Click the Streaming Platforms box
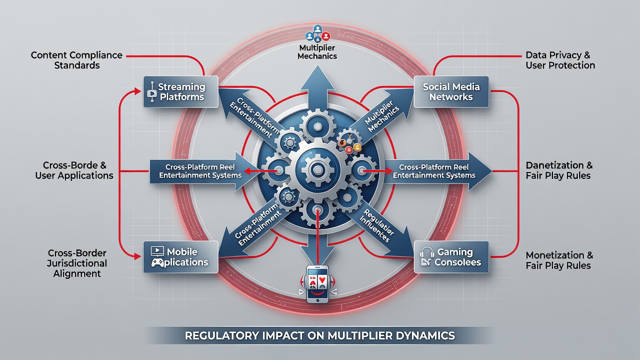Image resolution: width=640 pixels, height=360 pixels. click(x=180, y=91)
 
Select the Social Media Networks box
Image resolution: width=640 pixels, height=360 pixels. click(x=451, y=91)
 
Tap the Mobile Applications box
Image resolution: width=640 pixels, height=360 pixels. click(x=180, y=257)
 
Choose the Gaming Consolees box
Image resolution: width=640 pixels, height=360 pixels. click(x=451, y=257)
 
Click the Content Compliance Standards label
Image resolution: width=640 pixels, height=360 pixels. click(x=76, y=60)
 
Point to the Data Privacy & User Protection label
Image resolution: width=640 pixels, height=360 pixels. click(x=560, y=60)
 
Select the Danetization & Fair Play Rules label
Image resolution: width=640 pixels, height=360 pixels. click(x=559, y=170)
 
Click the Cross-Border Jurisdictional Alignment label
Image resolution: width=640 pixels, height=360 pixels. click(x=77, y=263)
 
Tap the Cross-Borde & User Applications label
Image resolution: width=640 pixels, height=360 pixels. click(x=74, y=170)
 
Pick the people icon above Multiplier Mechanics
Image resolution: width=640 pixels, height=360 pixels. click(x=317, y=33)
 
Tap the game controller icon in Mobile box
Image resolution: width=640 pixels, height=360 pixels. click(x=157, y=262)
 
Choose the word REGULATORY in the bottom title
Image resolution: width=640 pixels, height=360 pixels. click(x=221, y=335)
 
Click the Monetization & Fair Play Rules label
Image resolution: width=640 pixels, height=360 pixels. click(x=559, y=260)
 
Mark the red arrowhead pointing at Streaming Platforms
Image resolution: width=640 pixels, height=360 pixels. click(x=137, y=91)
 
